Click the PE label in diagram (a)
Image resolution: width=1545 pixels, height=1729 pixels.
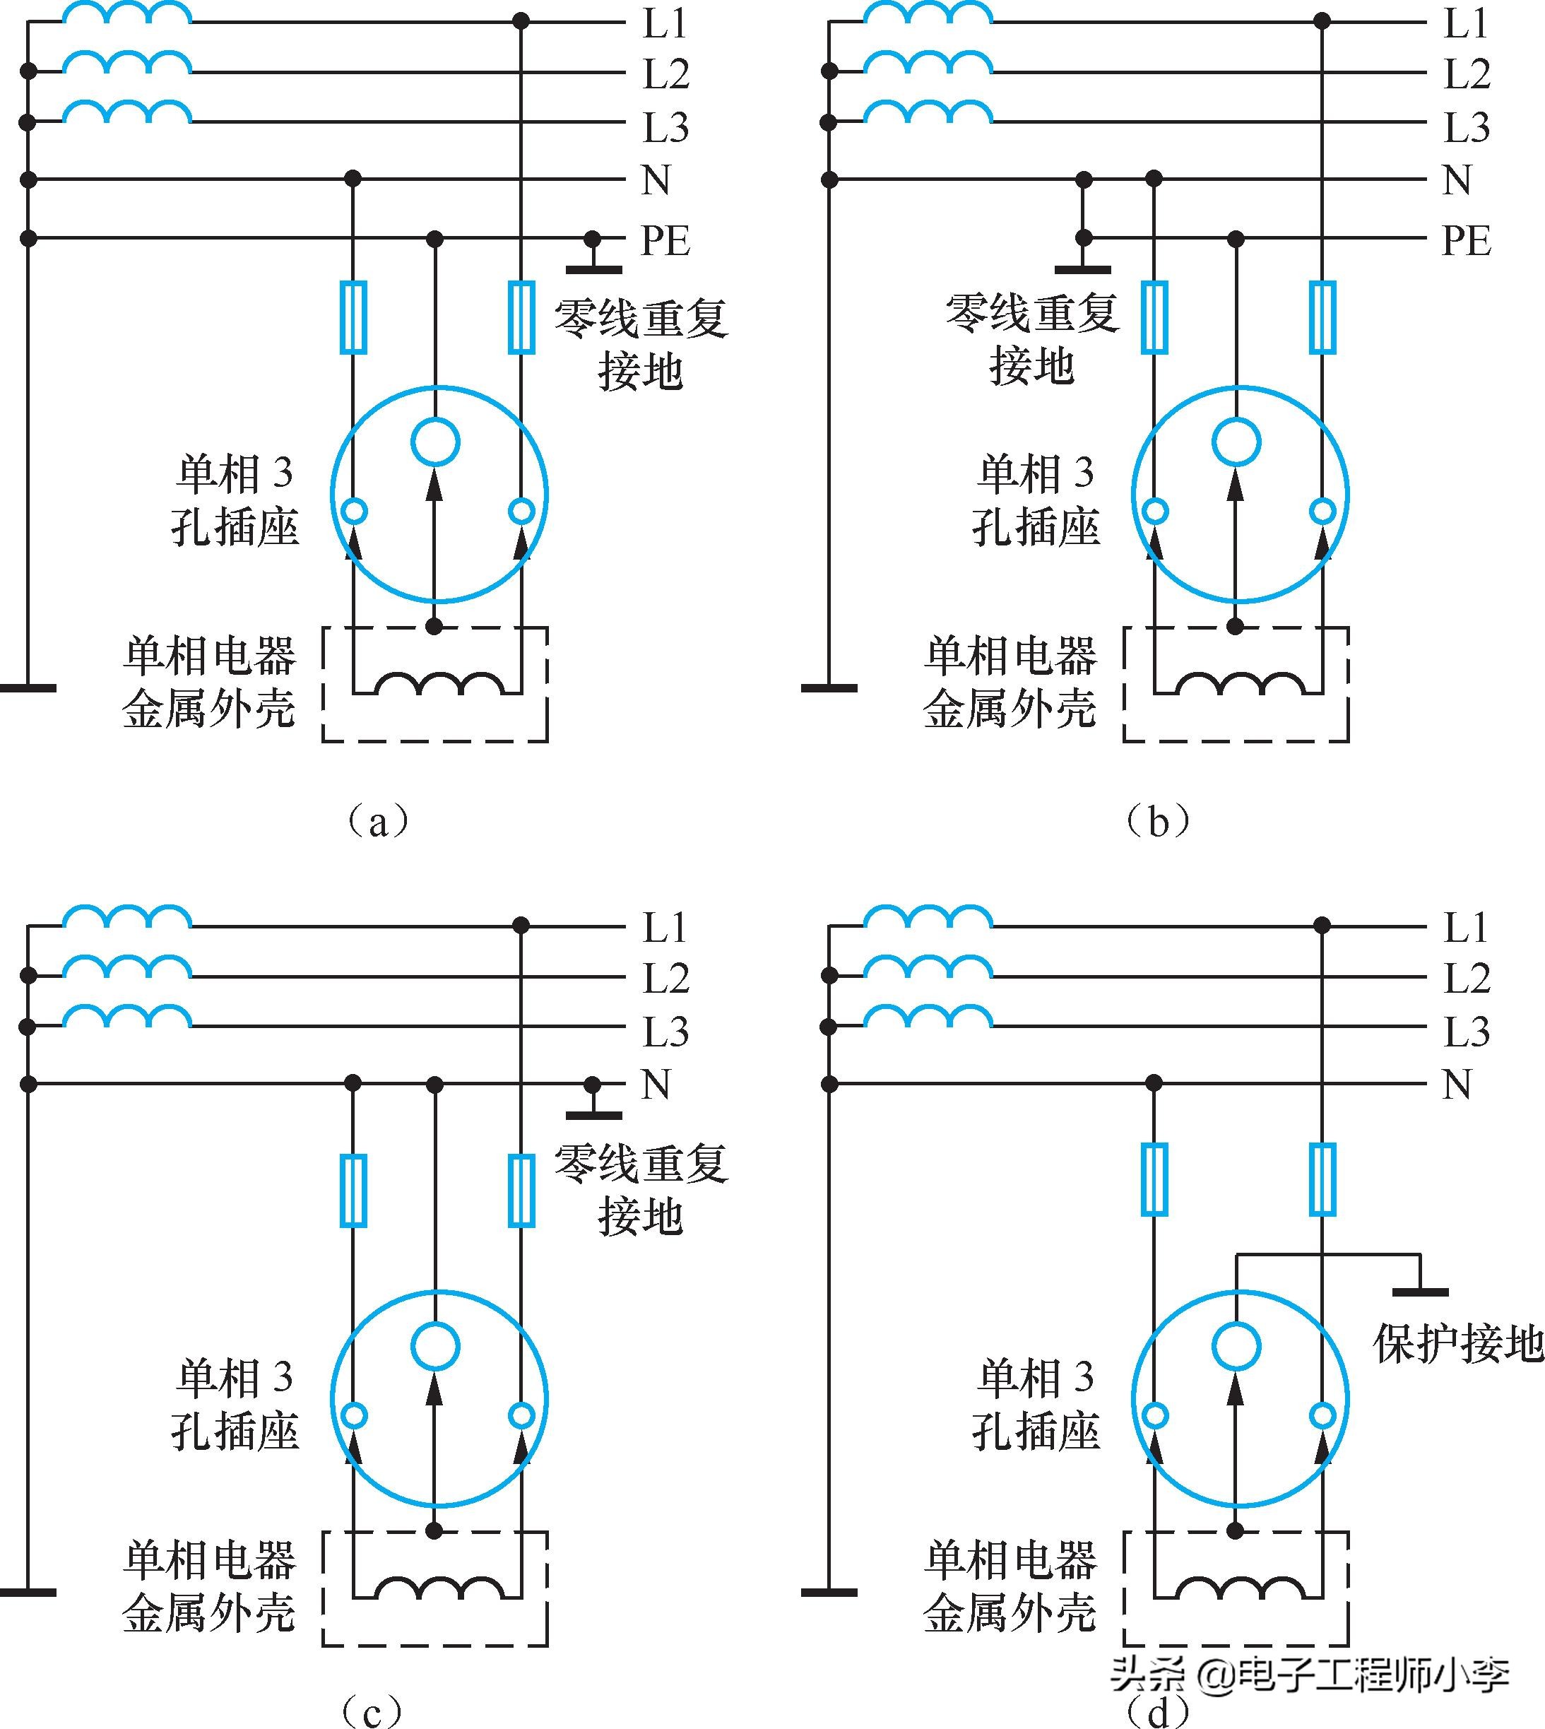665,240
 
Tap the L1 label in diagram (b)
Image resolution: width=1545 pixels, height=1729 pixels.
1466,23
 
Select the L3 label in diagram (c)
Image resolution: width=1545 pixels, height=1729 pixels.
665,1032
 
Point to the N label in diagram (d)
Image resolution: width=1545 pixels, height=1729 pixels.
1457,1085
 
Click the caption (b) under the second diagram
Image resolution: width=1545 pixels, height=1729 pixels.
1158,821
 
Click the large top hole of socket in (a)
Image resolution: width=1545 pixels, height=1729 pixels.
435,442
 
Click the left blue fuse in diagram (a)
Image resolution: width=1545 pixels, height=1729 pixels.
353,317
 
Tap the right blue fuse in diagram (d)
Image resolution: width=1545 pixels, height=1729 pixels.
1322,1179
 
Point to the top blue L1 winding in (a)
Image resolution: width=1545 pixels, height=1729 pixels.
127,13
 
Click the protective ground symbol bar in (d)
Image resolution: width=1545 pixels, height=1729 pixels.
1419,1292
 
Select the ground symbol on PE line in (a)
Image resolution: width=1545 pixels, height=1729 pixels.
593,268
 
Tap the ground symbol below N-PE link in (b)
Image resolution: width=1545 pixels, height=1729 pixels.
1082,269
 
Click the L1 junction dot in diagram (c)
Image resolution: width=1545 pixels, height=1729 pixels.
521,925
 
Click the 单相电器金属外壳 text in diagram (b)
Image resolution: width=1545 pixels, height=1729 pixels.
1010,681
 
